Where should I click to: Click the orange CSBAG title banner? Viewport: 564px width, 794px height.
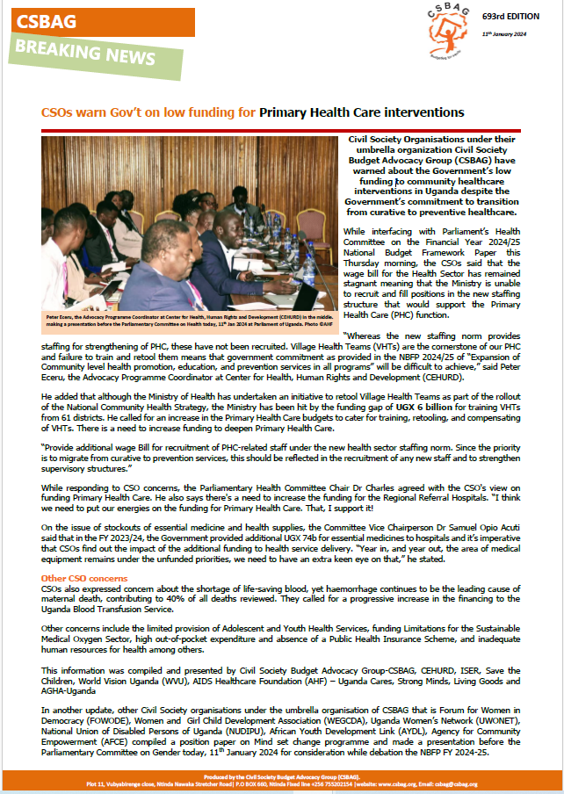(x=97, y=22)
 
